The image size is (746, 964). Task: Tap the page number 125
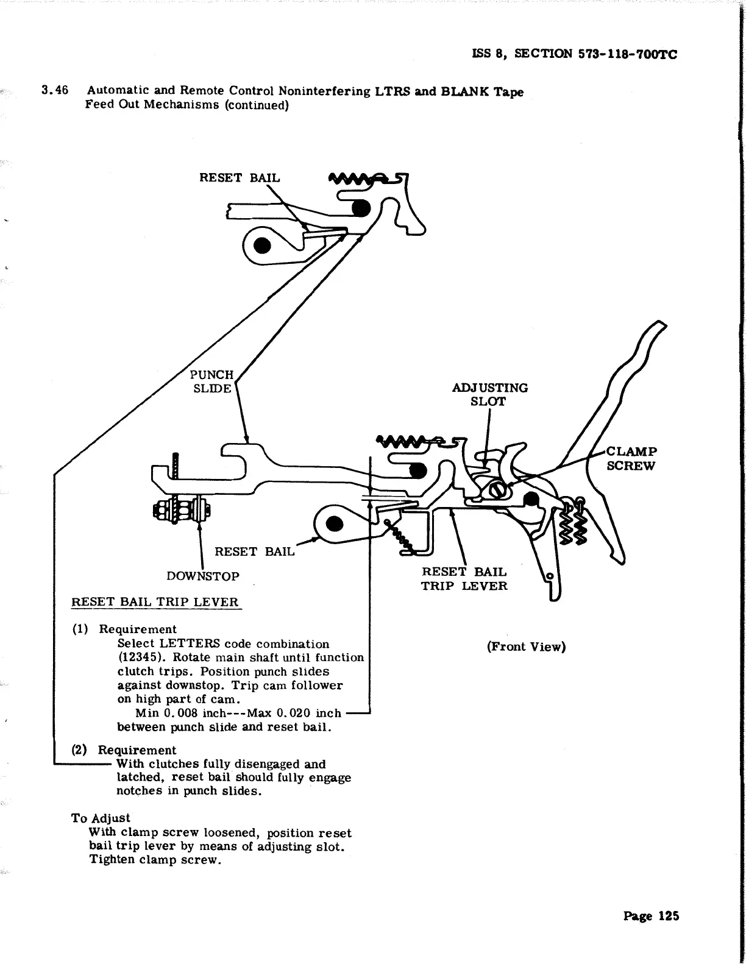665,916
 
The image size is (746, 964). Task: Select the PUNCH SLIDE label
211,381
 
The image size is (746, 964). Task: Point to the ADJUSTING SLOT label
489,394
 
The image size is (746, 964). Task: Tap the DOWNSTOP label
203,576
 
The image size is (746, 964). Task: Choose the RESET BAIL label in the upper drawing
240,178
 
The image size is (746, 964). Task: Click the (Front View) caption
526,647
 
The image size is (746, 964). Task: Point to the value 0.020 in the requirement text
294,713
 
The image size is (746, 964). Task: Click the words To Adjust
101,818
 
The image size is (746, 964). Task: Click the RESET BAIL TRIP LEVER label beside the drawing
464,579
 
